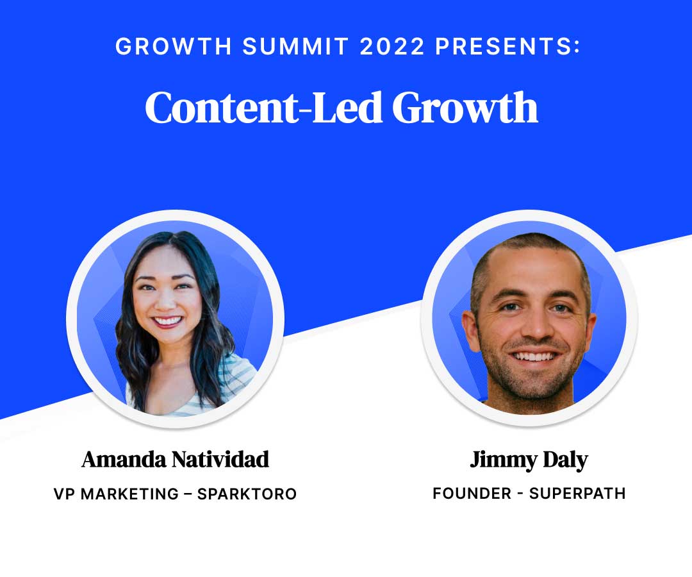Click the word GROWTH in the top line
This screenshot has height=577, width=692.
pyautogui.click(x=156, y=46)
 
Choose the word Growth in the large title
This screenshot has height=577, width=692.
pyautogui.click(x=465, y=108)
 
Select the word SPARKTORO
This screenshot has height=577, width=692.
pyautogui.click(x=247, y=494)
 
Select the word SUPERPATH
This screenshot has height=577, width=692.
pyautogui.click(x=577, y=494)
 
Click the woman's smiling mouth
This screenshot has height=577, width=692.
pyautogui.click(x=167, y=320)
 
